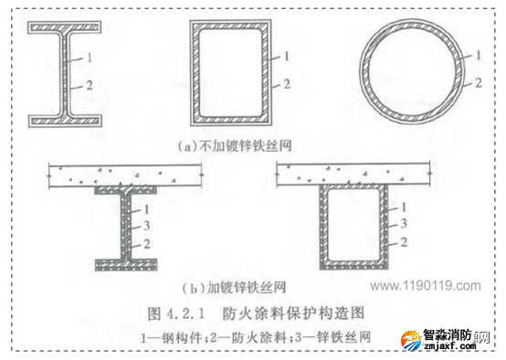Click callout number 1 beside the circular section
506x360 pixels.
(479, 55)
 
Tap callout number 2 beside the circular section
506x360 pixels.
(479, 83)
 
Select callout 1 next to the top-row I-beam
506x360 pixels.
(90, 58)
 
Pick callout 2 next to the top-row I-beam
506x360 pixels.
(90, 85)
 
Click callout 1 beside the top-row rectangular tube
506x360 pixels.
(286, 57)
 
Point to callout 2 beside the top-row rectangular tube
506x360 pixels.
(287, 84)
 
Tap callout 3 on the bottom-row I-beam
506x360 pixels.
(146, 226)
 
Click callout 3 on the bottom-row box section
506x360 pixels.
(404, 224)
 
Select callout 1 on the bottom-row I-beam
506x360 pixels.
(146, 209)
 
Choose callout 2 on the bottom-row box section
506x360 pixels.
(404, 242)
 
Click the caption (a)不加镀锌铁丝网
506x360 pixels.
(235, 146)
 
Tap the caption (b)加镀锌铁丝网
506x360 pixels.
(234, 287)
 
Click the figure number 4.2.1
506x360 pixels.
(185, 313)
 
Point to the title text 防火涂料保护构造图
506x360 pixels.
(293, 313)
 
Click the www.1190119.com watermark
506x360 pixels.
(426, 286)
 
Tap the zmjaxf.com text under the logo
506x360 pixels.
(450, 346)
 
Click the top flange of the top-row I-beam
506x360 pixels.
(65, 27)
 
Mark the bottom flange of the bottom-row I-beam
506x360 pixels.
(126, 265)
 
